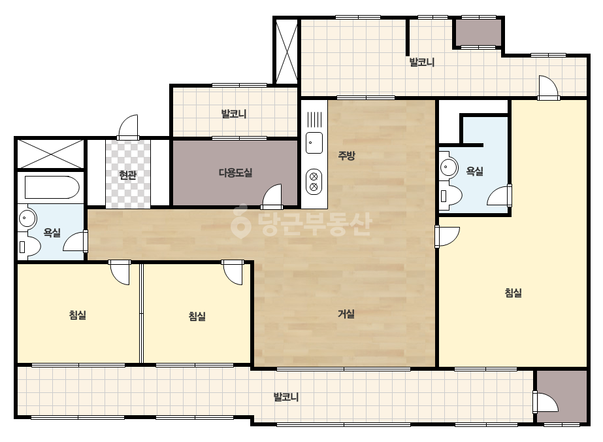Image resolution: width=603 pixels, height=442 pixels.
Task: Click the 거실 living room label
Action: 346,314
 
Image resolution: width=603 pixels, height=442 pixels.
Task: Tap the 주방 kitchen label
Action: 346,156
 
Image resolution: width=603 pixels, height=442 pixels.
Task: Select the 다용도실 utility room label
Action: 235,173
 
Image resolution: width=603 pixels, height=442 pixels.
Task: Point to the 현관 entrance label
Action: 127,175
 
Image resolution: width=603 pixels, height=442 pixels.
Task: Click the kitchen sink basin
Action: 314,143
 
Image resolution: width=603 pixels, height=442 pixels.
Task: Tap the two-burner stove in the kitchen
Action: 314,182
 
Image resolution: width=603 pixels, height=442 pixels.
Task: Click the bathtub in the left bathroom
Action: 52,188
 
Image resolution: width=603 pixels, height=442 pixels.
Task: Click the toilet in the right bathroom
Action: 450,196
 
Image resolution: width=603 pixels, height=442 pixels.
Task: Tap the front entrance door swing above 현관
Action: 128,127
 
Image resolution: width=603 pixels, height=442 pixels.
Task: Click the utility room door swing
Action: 272,196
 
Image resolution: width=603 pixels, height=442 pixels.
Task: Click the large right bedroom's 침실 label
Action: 513,293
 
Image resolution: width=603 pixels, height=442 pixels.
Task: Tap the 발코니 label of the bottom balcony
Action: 286,397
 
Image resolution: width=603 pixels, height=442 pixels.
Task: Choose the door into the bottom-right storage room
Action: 546,402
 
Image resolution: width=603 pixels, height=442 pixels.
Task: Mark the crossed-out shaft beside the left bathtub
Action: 50,154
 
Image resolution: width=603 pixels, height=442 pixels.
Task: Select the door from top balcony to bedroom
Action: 548,88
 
